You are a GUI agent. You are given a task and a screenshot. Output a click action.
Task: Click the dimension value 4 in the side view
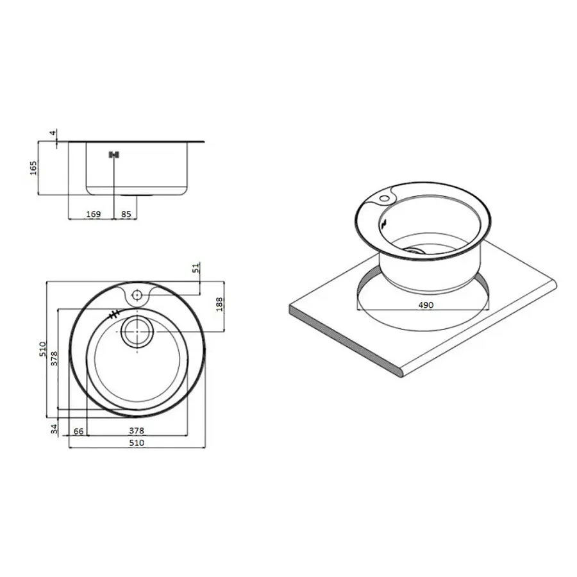click(x=53, y=133)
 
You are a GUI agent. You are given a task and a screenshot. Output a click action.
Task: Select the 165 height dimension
click(x=33, y=168)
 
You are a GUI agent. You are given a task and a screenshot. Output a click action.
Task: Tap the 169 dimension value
click(x=93, y=213)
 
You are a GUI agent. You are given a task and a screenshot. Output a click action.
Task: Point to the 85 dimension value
click(x=126, y=213)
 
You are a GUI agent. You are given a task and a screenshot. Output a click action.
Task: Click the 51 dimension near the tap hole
click(x=197, y=267)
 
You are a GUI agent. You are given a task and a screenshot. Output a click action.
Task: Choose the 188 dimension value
click(x=219, y=305)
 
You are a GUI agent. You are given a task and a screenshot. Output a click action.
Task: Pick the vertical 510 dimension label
click(x=43, y=349)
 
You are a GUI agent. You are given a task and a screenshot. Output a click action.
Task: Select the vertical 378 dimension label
click(x=54, y=359)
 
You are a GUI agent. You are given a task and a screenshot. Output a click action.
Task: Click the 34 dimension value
click(x=54, y=429)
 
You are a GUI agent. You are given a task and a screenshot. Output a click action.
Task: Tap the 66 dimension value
click(x=78, y=431)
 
